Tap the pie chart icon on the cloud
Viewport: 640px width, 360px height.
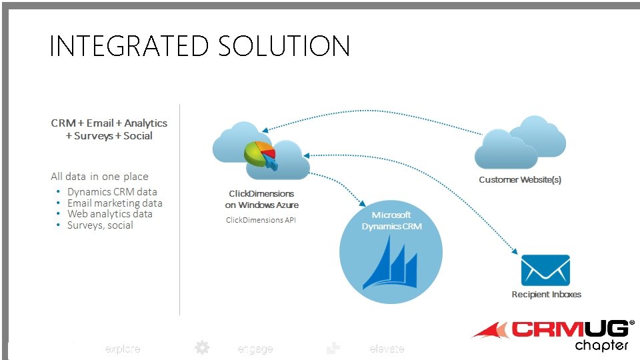point(260,154)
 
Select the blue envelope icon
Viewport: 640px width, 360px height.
point(545,270)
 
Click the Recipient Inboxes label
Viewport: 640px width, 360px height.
point(546,294)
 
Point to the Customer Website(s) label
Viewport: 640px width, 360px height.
point(520,180)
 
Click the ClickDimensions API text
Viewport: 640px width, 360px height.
point(260,220)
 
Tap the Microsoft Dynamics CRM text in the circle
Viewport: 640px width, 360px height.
point(391,221)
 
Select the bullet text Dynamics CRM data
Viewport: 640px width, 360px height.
point(112,192)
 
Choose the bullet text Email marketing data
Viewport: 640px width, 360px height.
point(115,203)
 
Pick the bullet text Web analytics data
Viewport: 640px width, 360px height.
point(109,214)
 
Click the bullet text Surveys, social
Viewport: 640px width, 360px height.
point(100,225)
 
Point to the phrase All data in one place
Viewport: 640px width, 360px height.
point(99,177)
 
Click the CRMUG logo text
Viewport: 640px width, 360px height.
point(571,329)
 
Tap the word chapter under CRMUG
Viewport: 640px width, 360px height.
point(601,345)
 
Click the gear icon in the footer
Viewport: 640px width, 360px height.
point(202,348)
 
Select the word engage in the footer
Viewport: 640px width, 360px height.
point(255,349)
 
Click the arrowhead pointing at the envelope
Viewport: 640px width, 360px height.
point(515,251)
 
